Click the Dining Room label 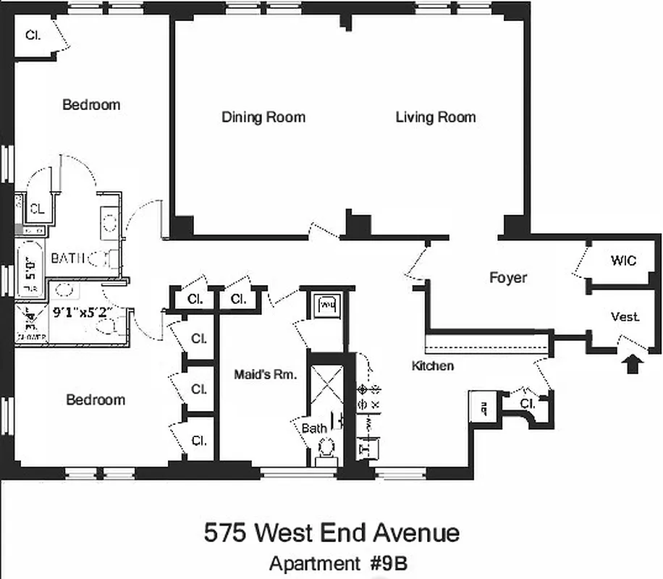(263, 117)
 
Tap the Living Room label (435, 117)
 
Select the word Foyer (508, 277)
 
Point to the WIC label (623, 260)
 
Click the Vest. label (625, 317)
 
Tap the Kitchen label (433, 365)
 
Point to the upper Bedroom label (91, 105)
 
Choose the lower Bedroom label (96, 400)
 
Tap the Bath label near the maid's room (314, 428)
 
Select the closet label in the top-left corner (33, 35)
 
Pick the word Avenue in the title (416, 533)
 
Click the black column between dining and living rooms (358, 224)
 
